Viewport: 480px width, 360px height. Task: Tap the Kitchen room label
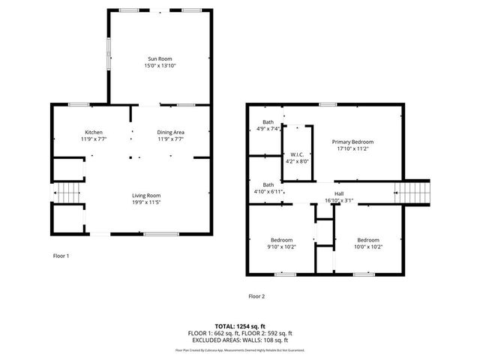94,132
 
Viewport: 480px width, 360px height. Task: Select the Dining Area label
171,132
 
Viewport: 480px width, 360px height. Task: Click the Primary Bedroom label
352,142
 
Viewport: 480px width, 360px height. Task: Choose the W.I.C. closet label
297,154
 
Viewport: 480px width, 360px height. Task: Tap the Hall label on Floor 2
339,193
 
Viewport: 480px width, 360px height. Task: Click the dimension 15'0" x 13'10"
160,65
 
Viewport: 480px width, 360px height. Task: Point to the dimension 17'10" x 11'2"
352,148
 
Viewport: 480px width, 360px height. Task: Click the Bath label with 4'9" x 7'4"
268,122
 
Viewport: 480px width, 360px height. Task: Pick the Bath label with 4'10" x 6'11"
268,184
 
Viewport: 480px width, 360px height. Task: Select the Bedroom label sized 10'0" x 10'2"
368,239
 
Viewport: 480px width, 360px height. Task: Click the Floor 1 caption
61,256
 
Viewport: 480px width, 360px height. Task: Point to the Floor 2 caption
256,296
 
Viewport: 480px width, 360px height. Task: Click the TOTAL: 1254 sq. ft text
240,326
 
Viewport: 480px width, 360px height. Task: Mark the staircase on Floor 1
68,193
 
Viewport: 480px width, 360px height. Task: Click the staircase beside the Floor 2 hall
415,193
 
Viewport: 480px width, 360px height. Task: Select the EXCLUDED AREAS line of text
240,340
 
